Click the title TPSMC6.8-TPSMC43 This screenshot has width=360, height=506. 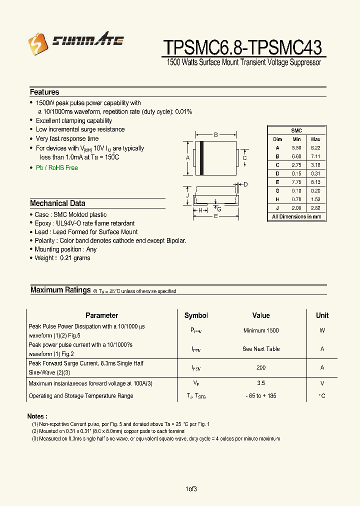242,47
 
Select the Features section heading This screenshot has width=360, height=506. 44,92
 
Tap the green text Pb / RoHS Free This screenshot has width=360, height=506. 56,168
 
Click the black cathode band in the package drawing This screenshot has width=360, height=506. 201,158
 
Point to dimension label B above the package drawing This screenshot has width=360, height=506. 215,134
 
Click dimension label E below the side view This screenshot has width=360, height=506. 215,216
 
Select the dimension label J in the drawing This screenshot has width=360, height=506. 187,195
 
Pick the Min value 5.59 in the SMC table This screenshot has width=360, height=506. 296,148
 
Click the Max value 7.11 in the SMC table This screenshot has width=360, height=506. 315,156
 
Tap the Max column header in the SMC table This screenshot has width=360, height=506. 315,139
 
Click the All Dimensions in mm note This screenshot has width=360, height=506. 296,216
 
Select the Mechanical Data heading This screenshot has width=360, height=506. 57,203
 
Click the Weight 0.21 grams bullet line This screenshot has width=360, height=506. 62,258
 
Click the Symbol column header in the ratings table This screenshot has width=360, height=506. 196,315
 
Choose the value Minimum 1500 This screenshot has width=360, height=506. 261,330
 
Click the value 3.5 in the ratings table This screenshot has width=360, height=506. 261,383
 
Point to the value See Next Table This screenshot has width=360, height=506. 261,349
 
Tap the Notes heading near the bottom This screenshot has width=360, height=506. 37,416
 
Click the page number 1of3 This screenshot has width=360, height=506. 191,489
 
